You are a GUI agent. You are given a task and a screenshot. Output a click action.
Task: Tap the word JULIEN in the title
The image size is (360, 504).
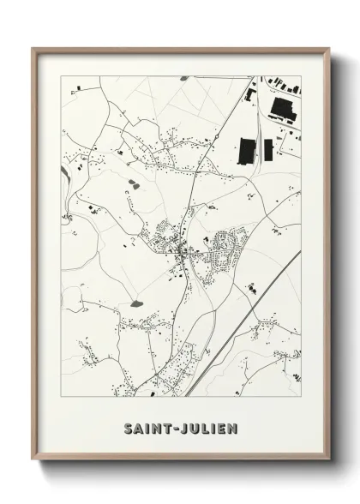coord(210,428)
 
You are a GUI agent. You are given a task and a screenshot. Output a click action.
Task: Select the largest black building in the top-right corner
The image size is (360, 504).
coord(282,109)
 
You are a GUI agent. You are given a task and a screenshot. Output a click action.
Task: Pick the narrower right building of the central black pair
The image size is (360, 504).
coord(268,149)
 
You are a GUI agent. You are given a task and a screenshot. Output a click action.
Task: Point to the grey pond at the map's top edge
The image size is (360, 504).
coord(183,78)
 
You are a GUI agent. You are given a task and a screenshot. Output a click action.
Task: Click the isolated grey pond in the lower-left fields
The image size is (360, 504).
coord(136,303)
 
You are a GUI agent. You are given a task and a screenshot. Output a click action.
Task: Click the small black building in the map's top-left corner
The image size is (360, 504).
coord(79,87)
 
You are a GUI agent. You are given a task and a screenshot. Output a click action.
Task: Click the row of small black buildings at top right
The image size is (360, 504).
coord(283,84)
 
